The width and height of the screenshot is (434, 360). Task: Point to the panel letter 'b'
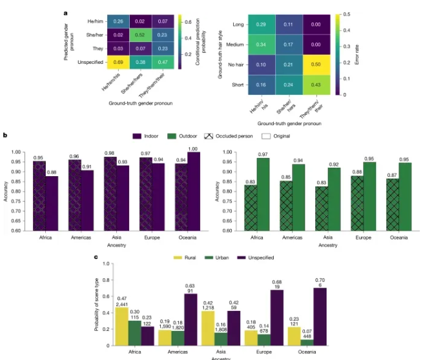tap(5, 135)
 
